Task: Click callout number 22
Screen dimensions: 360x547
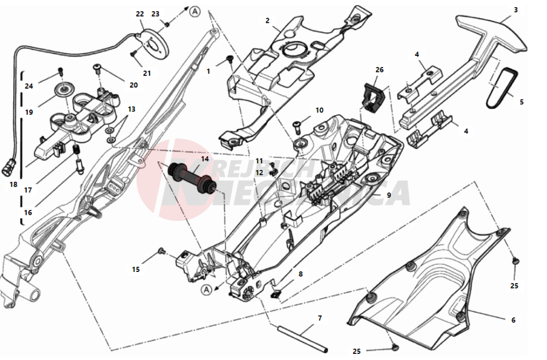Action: click(140, 14)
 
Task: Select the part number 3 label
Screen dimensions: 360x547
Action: click(515, 9)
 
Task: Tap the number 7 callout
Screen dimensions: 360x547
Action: click(319, 318)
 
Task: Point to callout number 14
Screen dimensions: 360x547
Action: click(205, 159)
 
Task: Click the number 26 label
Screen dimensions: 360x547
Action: click(379, 70)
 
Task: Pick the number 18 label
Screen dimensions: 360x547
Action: click(14, 184)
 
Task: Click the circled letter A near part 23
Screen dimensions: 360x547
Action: click(194, 11)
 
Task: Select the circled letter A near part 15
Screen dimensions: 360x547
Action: click(206, 289)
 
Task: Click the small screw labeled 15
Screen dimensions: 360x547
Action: click(162, 251)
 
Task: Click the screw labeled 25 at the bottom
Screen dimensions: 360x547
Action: click(395, 347)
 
